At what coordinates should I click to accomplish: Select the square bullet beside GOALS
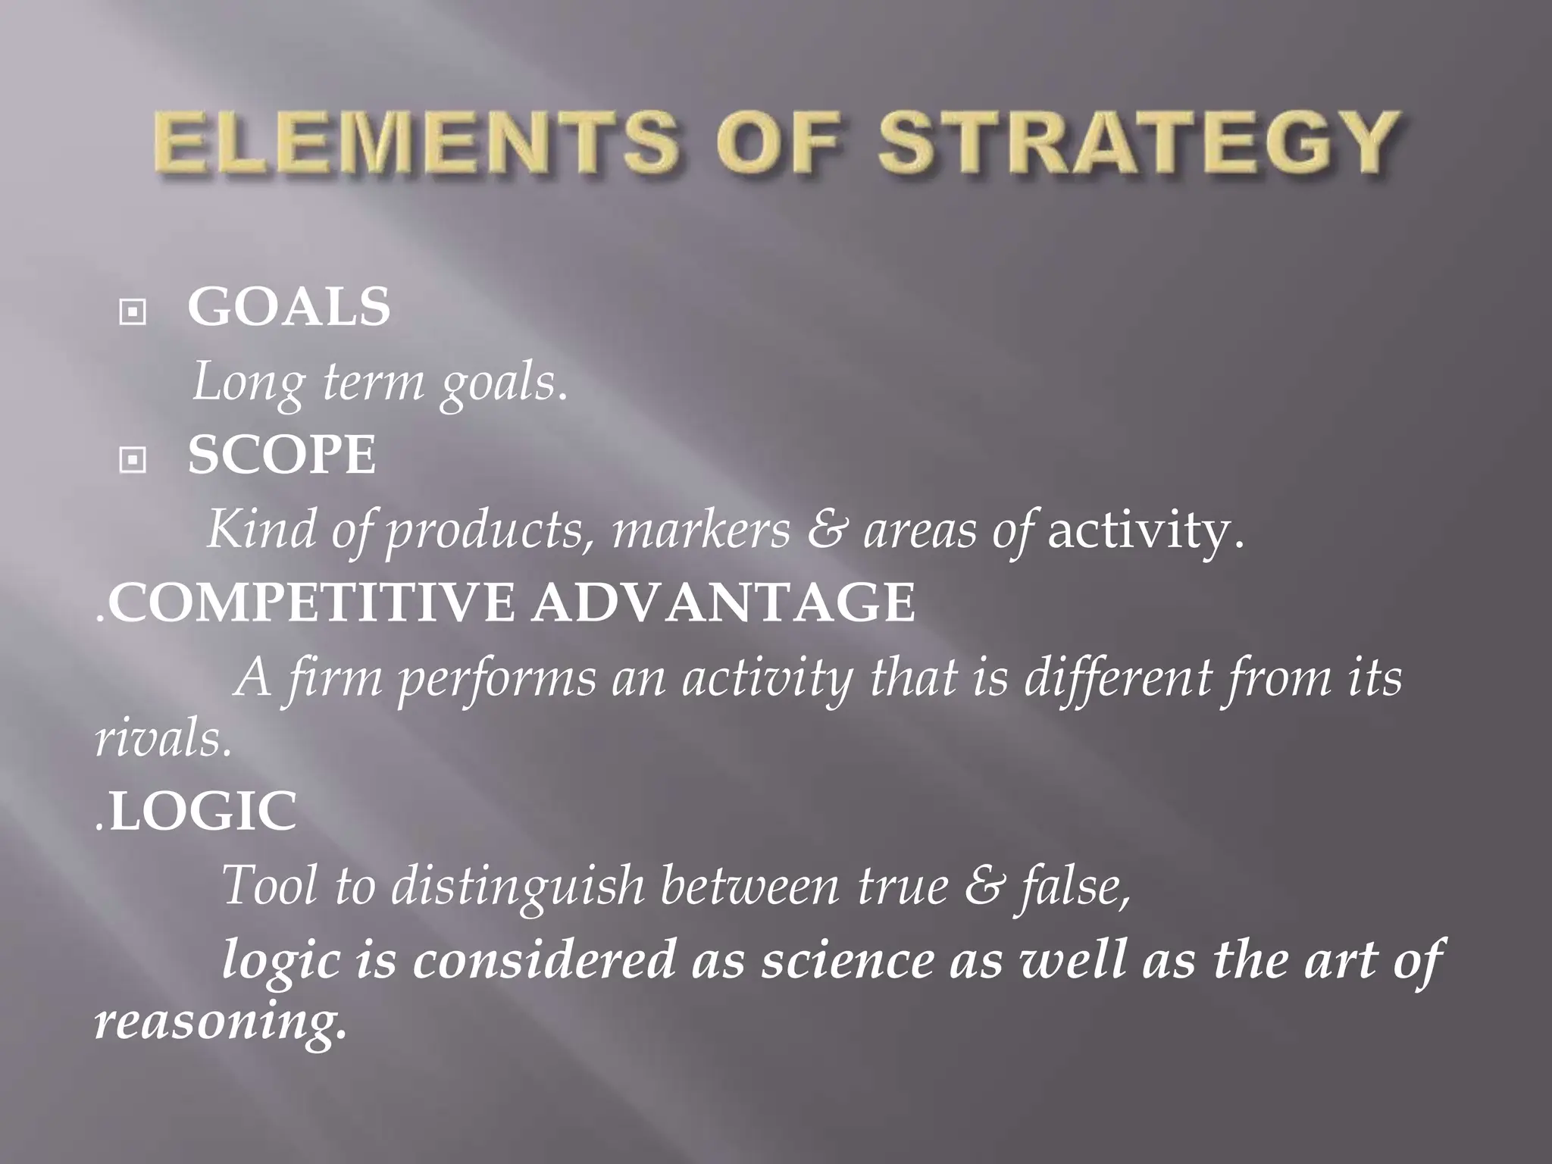click(133, 311)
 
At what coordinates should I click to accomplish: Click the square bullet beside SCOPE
click(133, 458)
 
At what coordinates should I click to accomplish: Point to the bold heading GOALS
click(289, 307)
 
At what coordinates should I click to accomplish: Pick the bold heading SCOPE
click(282, 455)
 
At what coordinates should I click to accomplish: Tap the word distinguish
click(516, 885)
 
